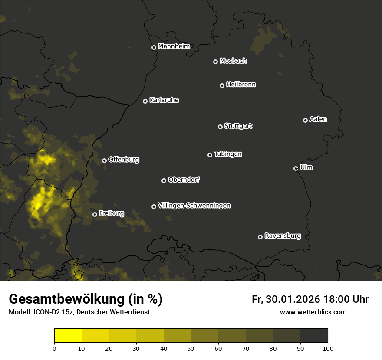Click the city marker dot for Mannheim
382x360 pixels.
pyautogui.click(x=154, y=48)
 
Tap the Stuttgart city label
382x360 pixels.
pyautogui.click(x=238, y=126)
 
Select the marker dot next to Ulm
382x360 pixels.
pyautogui.click(x=296, y=168)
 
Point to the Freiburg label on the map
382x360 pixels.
pyautogui.click(x=111, y=213)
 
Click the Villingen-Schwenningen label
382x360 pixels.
pyautogui.click(x=194, y=206)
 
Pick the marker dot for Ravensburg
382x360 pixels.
pyautogui.click(x=260, y=237)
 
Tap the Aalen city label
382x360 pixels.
pyautogui.click(x=318, y=119)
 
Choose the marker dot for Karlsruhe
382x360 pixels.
pyautogui.click(x=145, y=101)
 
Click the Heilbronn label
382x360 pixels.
pyautogui.click(x=241, y=85)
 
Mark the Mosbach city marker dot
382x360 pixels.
pyautogui.click(x=215, y=62)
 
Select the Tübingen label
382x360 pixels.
pyautogui.click(x=228, y=154)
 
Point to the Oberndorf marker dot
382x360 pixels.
pyautogui.click(x=164, y=180)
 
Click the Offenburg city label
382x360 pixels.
pyautogui.click(x=124, y=160)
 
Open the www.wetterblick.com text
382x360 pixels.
pyautogui.click(x=313, y=312)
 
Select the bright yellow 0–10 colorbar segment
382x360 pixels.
pyautogui.click(x=68, y=336)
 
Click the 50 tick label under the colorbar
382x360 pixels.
pyautogui.click(x=191, y=348)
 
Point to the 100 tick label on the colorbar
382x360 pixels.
pyautogui.click(x=328, y=348)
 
